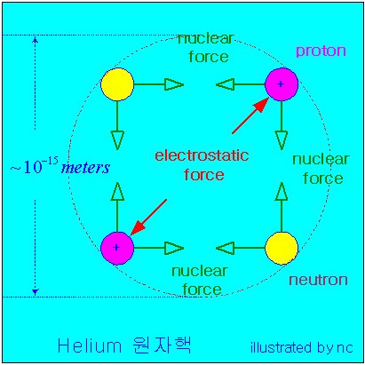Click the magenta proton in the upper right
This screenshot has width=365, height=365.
click(x=282, y=84)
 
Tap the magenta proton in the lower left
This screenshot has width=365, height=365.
click(x=117, y=248)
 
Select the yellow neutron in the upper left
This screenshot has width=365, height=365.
click(x=117, y=84)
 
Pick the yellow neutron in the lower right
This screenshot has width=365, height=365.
click(x=282, y=248)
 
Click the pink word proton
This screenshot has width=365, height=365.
click(x=321, y=51)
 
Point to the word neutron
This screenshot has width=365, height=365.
click(x=318, y=280)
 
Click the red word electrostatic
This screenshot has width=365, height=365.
click(x=202, y=155)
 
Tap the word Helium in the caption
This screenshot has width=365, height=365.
click(x=90, y=345)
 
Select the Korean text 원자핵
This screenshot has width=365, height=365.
click(x=162, y=345)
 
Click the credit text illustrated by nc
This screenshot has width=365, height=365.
click(x=302, y=347)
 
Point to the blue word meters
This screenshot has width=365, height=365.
click(x=85, y=168)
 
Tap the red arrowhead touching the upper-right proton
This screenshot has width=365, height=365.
click(x=261, y=105)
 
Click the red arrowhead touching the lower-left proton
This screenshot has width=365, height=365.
click(x=138, y=227)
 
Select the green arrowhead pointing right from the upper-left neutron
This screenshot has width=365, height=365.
click(x=174, y=84)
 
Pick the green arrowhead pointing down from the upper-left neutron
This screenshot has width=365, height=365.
click(x=117, y=140)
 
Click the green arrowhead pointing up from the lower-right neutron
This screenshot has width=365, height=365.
click(x=282, y=192)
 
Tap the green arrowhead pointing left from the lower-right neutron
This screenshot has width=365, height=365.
click(x=225, y=248)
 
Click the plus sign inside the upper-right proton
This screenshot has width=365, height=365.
click(x=281, y=84)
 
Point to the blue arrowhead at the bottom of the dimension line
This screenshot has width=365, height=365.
click(x=36, y=292)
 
